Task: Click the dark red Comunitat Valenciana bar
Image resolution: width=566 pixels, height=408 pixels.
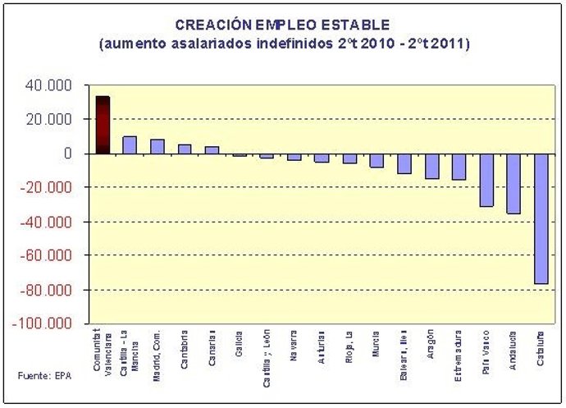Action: (x=103, y=125)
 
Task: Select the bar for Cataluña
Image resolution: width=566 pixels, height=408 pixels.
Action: (x=541, y=218)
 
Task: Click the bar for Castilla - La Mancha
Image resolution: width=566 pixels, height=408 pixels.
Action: (x=130, y=145)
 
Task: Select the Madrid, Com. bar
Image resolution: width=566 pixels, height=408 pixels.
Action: (x=157, y=146)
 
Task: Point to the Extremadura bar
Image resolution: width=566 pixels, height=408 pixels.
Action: (x=459, y=167)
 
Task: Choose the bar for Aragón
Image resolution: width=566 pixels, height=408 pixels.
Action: (x=431, y=166)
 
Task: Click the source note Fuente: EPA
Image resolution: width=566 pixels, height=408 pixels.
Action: (x=40, y=376)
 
